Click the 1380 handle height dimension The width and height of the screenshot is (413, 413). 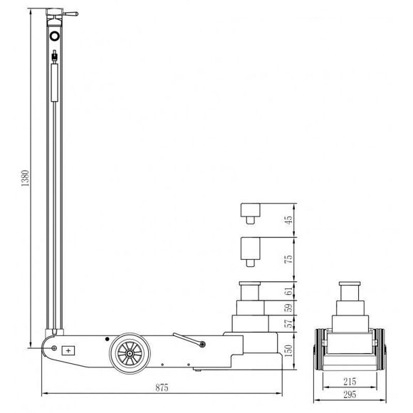click(24, 178)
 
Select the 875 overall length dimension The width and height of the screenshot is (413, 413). click(162, 388)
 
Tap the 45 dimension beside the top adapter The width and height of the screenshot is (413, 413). click(289, 220)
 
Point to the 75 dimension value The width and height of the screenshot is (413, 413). click(289, 258)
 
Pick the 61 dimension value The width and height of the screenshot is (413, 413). click(289, 291)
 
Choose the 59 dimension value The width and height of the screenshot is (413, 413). click(289, 308)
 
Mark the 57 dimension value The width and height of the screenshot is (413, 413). click(289, 325)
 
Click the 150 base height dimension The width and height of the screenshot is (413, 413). click(289, 350)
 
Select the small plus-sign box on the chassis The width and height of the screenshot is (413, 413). click(68, 350)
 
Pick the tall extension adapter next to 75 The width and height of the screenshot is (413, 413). click(250, 250)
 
